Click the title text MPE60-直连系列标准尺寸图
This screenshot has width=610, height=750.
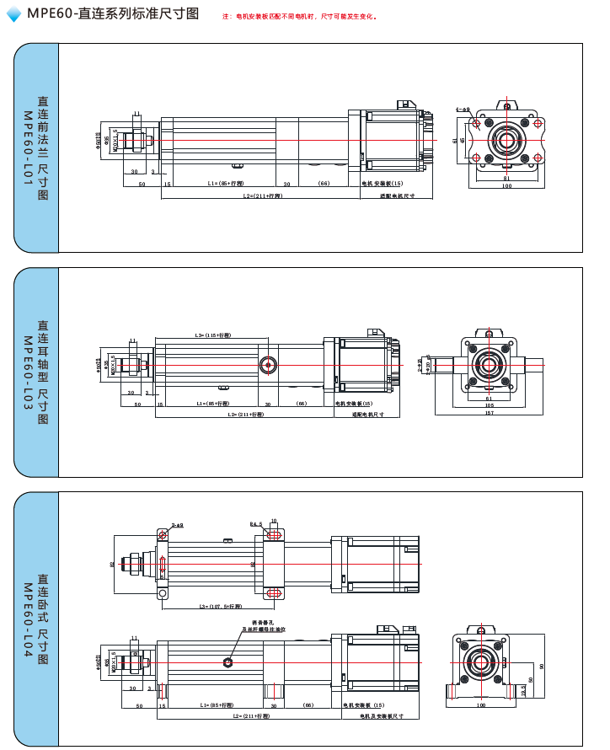pyautogui.click(x=113, y=14)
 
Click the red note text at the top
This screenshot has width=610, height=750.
pyautogui.click(x=300, y=17)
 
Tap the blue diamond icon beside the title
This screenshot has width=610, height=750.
pyautogui.click(x=13, y=14)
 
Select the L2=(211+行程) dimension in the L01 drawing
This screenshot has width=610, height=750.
pyautogui.click(x=262, y=196)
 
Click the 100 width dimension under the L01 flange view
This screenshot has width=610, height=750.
pyautogui.click(x=506, y=186)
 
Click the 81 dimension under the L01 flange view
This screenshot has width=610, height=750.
pyautogui.click(x=506, y=178)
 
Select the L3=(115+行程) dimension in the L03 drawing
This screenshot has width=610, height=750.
pyautogui.click(x=212, y=335)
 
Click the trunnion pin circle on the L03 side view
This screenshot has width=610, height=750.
pyautogui.click(x=269, y=365)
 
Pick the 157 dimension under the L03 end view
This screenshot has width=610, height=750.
pyautogui.click(x=489, y=413)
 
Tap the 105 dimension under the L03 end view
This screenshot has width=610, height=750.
pyautogui.click(x=489, y=404)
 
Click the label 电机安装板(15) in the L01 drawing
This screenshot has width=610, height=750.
pyautogui.click(x=383, y=183)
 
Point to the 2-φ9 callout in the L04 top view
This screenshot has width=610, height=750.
pyautogui.click(x=178, y=524)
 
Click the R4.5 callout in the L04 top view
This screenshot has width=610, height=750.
pyautogui.click(x=256, y=523)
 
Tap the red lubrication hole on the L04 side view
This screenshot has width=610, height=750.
pyautogui.click(x=228, y=662)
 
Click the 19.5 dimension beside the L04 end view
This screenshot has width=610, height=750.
pyautogui.click(x=523, y=689)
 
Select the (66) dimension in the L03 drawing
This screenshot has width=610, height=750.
pyautogui.click(x=302, y=404)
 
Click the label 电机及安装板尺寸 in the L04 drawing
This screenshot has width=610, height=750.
pyautogui.click(x=381, y=715)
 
